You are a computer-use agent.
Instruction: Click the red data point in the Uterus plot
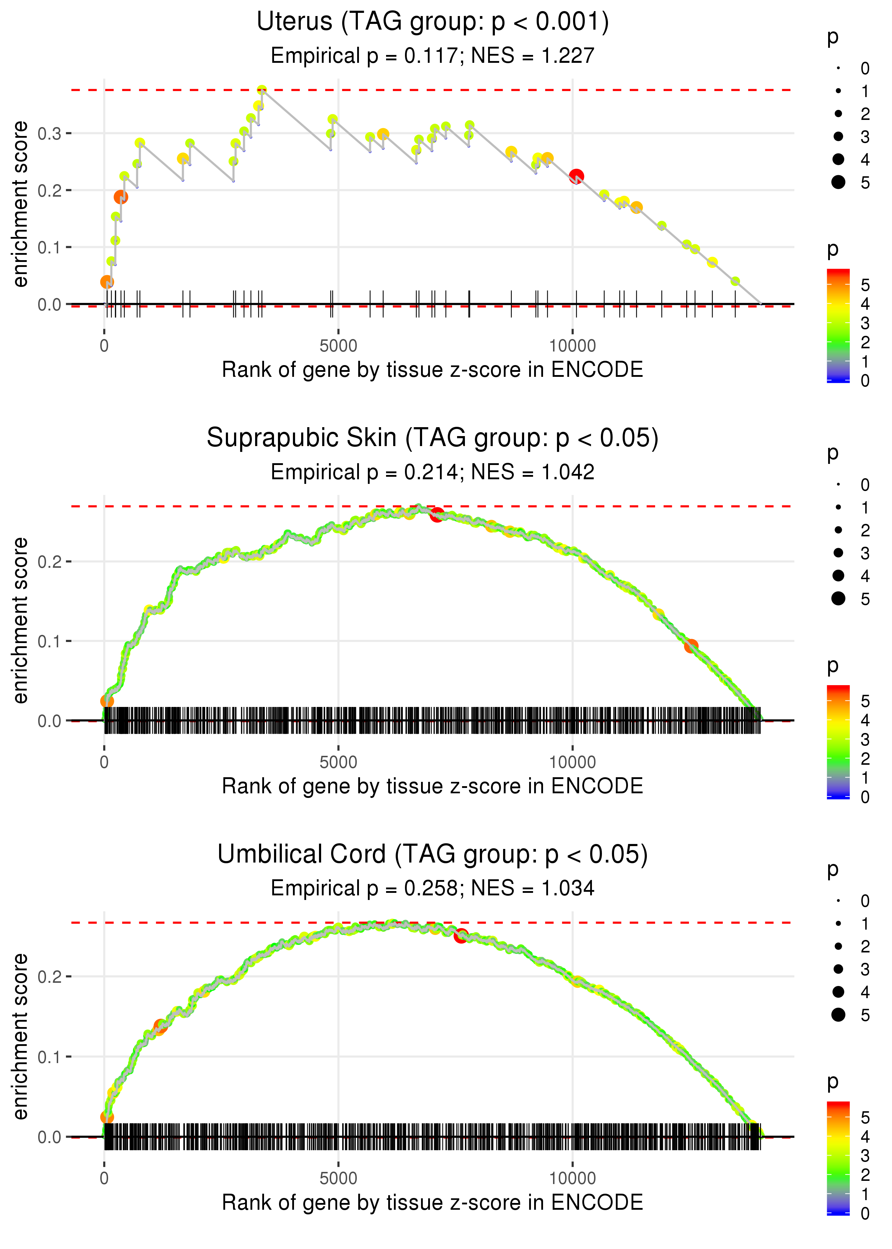point(576,176)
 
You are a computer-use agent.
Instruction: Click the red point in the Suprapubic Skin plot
point(437,515)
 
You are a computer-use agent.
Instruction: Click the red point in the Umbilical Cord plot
point(461,935)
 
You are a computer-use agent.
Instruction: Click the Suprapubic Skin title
point(432,438)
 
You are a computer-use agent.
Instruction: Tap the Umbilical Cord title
point(432,854)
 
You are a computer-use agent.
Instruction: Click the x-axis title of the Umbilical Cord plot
point(432,1202)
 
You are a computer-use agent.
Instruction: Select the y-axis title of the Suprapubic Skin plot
point(20,620)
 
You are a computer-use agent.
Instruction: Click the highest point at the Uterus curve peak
point(262,90)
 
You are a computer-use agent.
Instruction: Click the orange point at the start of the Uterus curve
point(107,282)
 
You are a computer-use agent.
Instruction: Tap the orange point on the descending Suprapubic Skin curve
point(691,646)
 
